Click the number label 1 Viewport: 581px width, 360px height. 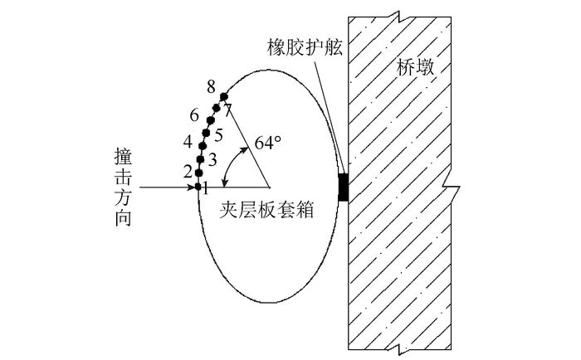(205, 187)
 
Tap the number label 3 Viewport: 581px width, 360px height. (212, 158)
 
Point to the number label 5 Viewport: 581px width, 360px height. (218, 134)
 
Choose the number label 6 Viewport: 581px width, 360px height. (194, 114)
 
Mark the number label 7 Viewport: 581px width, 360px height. (228, 109)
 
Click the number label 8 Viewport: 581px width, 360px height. (212, 86)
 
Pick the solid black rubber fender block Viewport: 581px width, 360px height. (344, 187)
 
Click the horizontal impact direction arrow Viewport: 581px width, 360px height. (166, 187)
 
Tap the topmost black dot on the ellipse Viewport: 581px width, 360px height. (223, 96)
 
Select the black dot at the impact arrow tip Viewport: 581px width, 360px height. (198, 187)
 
